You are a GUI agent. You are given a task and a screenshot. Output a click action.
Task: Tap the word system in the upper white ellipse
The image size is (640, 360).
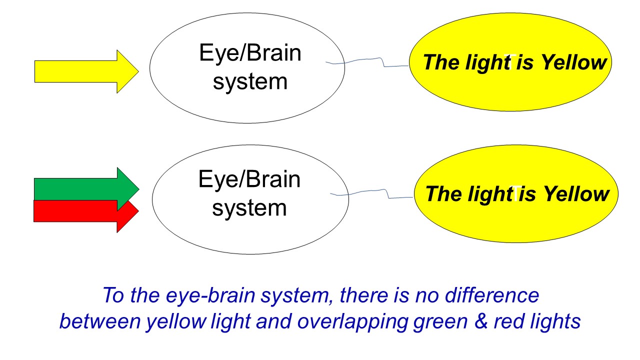(250, 81)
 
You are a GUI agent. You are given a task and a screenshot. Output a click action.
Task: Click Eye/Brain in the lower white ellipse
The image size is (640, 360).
(249, 179)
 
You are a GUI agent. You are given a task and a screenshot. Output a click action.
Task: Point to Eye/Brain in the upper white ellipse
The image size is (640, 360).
(250, 52)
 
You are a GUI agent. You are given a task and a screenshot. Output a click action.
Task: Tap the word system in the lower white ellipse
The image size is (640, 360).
(249, 207)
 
